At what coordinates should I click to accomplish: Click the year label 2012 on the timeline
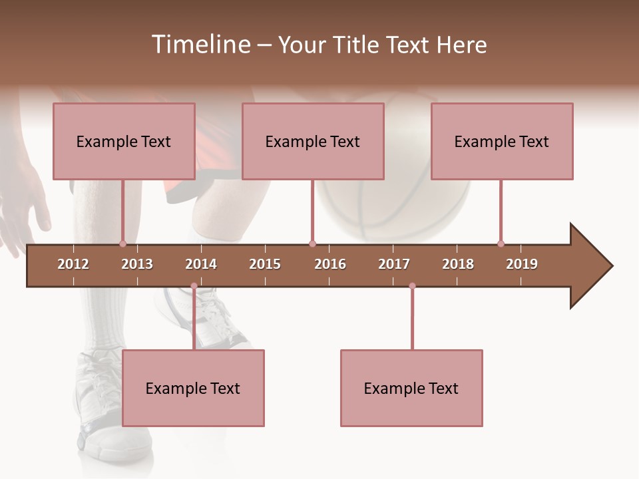[73, 264]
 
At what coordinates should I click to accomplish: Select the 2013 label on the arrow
[137, 264]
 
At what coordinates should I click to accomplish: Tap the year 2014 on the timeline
[201, 264]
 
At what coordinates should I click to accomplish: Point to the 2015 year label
[265, 264]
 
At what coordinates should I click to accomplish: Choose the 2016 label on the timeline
[330, 264]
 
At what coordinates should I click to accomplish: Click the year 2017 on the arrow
[394, 264]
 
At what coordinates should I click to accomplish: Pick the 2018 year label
[458, 264]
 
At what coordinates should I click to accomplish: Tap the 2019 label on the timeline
[522, 264]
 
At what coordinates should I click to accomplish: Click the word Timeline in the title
[200, 45]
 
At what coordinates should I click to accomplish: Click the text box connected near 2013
[124, 141]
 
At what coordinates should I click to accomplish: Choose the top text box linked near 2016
[313, 141]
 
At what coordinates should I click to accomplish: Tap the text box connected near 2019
[502, 141]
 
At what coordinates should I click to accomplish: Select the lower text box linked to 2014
[193, 388]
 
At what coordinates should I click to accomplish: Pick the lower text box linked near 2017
[411, 388]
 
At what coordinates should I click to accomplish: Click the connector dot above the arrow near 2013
[122, 243]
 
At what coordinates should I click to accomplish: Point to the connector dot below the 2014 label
[194, 286]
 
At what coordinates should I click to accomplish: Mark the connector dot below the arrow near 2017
[412, 286]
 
